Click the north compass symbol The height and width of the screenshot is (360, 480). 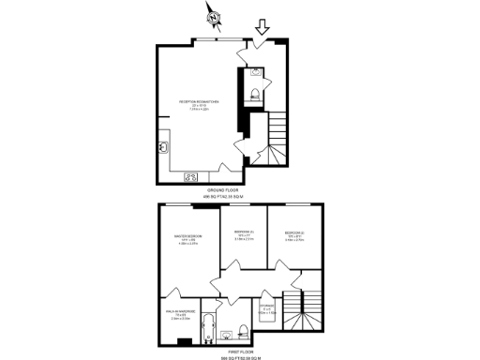[x=215, y=15]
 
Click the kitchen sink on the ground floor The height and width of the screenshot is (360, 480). [x=163, y=146]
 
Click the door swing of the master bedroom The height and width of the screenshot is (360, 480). [x=208, y=278]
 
